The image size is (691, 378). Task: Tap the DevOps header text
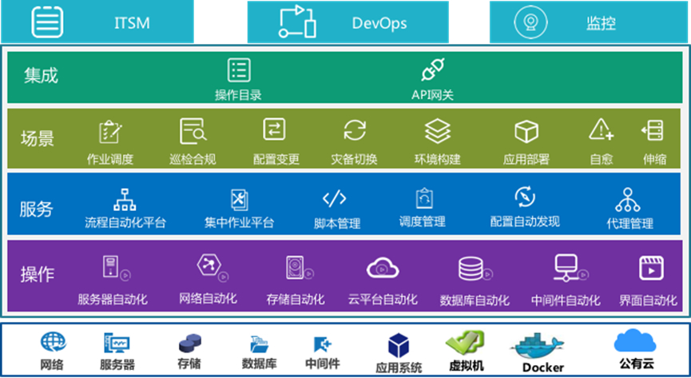[x=379, y=22]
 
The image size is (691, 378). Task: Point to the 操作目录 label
[x=238, y=95]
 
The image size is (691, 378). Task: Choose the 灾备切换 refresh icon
[x=354, y=130]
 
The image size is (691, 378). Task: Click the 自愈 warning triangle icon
[x=601, y=129]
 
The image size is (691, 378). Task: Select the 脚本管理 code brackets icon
[x=334, y=198]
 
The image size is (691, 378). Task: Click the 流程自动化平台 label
[x=125, y=222]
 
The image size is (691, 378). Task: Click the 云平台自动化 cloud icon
[x=383, y=269]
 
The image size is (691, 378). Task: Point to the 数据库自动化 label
[x=475, y=300]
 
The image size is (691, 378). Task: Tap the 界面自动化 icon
[x=650, y=269]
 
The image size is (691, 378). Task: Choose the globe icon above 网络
[x=54, y=343]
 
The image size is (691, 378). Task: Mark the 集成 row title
[x=41, y=75]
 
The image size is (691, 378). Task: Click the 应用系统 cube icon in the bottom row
[x=399, y=345]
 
